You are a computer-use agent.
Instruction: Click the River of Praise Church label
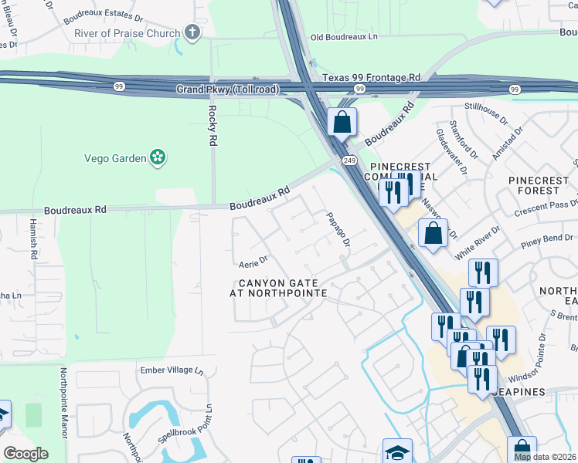point(127,33)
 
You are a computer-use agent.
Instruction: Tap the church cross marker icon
point(192,32)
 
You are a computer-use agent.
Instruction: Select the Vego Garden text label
point(115,158)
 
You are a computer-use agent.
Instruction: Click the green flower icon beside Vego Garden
point(158,157)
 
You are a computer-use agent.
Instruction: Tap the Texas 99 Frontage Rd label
point(371,78)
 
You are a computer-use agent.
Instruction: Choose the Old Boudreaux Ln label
point(345,37)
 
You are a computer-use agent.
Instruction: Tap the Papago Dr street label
point(338,229)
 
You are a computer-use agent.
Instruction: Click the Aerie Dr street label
point(253,262)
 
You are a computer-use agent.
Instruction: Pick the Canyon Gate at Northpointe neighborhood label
point(278,288)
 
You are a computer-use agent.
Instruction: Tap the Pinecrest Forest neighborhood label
point(538,185)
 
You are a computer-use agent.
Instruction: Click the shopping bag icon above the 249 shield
point(342,122)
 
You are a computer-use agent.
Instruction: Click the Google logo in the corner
point(26,454)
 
